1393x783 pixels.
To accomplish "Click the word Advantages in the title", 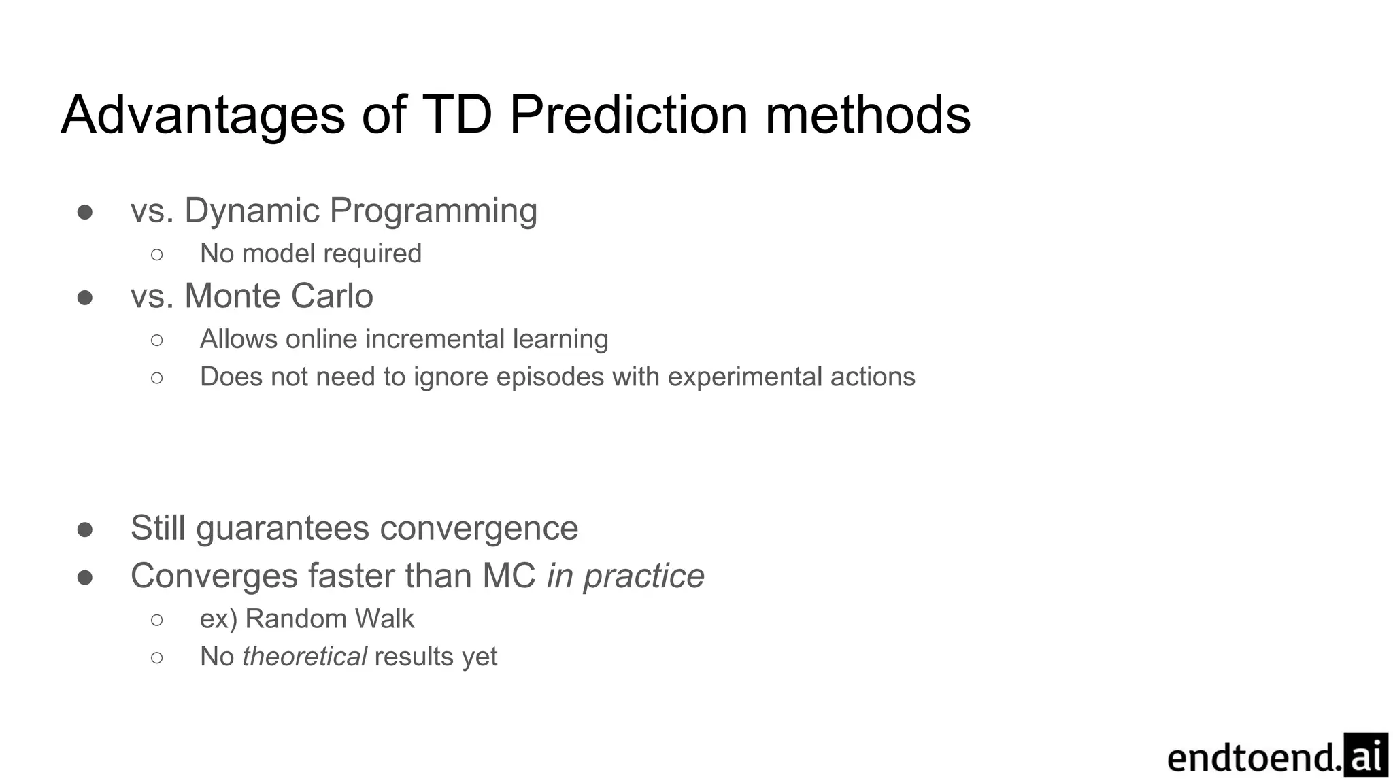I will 203,116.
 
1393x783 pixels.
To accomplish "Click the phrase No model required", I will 311,254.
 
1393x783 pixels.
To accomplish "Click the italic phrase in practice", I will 625,576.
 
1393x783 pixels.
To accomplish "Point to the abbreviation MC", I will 509,576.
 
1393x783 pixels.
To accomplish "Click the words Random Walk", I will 329,619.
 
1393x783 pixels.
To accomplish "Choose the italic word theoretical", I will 304,657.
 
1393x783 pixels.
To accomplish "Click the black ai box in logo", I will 1365,754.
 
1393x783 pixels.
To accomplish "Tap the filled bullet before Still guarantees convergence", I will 85,529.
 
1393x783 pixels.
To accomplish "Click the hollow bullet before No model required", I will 157,254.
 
